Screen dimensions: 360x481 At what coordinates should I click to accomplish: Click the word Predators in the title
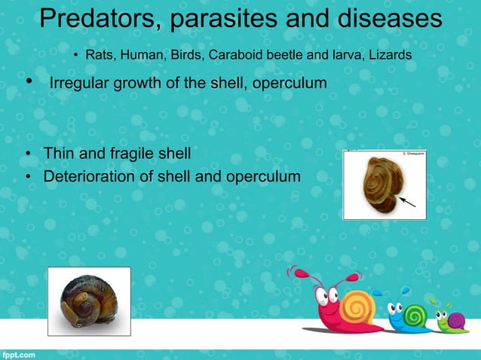pos(94,19)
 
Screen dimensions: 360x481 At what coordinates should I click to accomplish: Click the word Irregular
pos(78,82)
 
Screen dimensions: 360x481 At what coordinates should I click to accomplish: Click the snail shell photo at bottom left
pos(88,301)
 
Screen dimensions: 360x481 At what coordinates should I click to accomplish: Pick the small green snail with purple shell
pos(453,321)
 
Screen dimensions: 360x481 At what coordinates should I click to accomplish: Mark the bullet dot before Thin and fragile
pos(27,154)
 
